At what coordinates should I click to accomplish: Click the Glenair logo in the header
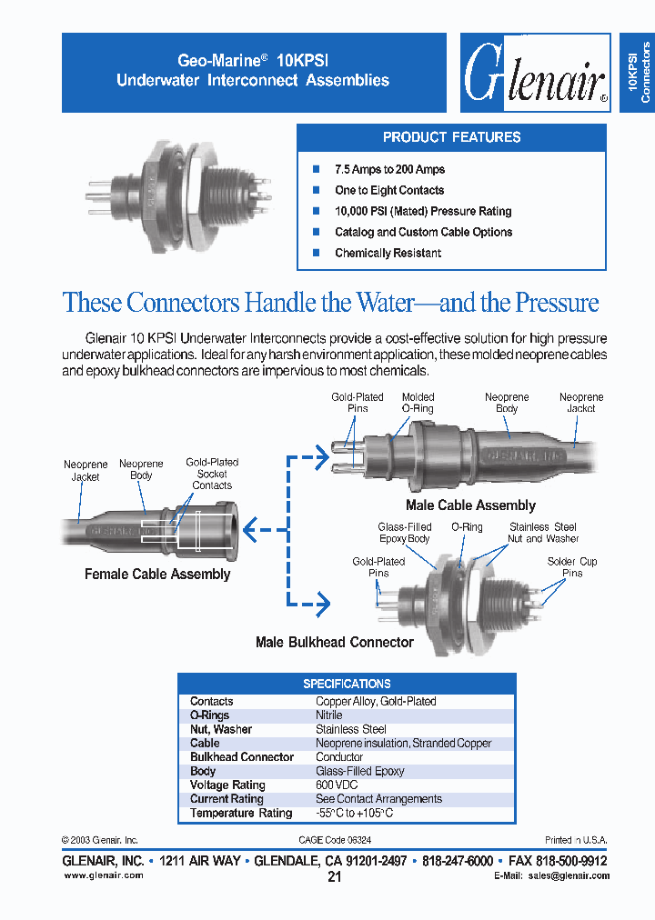pyautogui.click(x=535, y=74)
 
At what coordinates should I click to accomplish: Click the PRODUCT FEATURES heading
pyautogui.click(x=451, y=137)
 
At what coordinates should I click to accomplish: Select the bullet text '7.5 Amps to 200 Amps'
pyautogui.click(x=389, y=169)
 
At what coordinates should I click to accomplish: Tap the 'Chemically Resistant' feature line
pyautogui.click(x=388, y=253)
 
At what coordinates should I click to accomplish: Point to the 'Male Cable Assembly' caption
pyautogui.click(x=470, y=505)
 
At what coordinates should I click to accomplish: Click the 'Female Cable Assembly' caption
pyautogui.click(x=157, y=575)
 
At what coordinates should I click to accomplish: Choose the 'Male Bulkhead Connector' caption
pyautogui.click(x=334, y=643)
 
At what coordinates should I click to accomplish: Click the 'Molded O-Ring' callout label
pyautogui.click(x=418, y=403)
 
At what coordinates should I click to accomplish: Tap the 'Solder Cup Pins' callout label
pyautogui.click(x=572, y=567)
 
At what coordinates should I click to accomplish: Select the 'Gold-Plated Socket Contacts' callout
pyautogui.click(x=212, y=474)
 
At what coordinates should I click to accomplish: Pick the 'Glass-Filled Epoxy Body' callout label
pyautogui.click(x=404, y=533)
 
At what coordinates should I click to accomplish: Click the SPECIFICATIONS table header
pyautogui.click(x=347, y=684)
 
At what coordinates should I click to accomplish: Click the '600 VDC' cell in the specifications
pyautogui.click(x=337, y=785)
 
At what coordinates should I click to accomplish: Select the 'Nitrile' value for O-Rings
pyautogui.click(x=329, y=715)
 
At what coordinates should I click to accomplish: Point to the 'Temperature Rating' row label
pyautogui.click(x=241, y=814)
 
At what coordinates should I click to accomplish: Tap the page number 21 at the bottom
pyautogui.click(x=334, y=877)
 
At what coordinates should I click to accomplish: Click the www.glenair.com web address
pyautogui.click(x=103, y=875)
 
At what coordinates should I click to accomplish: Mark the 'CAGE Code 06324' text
pyautogui.click(x=334, y=841)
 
